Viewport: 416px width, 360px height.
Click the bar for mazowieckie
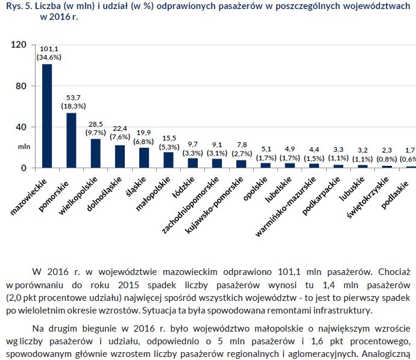point(47,116)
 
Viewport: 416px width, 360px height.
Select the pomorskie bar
point(71,141)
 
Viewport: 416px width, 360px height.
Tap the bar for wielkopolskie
point(95,153)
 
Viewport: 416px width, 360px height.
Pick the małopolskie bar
point(168,160)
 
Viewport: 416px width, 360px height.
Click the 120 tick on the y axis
point(19,44)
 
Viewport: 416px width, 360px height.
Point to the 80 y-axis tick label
point(21,86)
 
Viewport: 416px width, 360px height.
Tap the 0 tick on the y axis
point(24,168)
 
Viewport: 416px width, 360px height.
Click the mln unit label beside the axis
point(24,147)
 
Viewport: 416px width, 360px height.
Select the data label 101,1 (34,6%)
point(49,53)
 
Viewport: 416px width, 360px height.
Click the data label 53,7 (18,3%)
point(74,102)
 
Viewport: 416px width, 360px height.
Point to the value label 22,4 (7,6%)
point(120,133)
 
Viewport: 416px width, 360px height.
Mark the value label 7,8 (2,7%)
point(242,150)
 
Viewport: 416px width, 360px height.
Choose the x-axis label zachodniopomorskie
point(190,205)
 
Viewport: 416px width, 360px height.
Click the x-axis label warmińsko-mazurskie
point(285,206)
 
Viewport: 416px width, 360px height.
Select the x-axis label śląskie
point(136,186)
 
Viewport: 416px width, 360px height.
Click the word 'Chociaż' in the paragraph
point(394,272)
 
